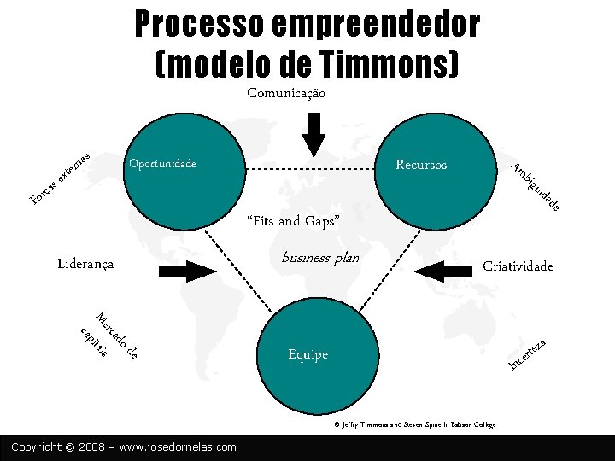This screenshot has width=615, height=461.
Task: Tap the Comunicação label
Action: pyautogui.click(x=286, y=92)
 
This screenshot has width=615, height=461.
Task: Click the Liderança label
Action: pyautogui.click(x=85, y=264)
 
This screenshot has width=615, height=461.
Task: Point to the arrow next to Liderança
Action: pyautogui.click(x=189, y=271)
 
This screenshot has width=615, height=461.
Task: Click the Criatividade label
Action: pyautogui.click(x=518, y=266)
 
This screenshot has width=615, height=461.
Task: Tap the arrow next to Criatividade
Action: pyautogui.click(x=443, y=271)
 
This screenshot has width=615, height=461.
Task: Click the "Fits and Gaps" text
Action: pyautogui.click(x=293, y=221)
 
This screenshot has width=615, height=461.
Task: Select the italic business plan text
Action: pyautogui.click(x=320, y=258)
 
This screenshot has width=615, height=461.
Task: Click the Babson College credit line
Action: pyautogui.click(x=414, y=424)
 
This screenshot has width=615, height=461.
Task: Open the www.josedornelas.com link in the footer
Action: pyautogui.click(x=179, y=446)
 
